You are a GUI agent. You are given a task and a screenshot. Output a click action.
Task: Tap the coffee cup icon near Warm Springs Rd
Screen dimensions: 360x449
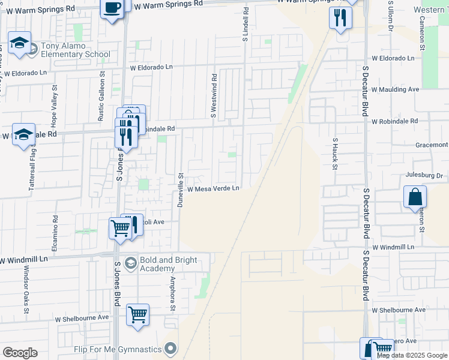coord(112,8)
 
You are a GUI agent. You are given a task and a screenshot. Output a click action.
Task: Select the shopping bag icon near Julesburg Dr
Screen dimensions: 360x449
coord(415,196)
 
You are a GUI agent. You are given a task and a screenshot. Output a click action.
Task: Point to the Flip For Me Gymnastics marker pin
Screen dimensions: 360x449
coord(171,349)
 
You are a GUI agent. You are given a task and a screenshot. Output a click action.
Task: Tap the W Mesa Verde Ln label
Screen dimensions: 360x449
coord(213,188)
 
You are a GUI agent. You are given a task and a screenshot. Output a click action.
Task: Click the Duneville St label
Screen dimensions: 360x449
coord(179,190)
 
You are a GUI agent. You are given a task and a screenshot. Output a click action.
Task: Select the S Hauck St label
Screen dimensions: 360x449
coord(335,152)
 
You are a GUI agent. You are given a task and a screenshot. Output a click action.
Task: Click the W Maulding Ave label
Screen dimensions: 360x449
coord(395,89)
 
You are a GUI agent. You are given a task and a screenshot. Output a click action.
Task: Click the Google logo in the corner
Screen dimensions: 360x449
coord(20,353)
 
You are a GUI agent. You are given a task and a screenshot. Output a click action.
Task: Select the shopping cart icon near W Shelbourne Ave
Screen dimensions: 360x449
coord(138,314)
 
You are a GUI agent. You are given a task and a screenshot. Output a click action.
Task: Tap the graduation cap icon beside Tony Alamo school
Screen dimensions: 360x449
coord(19,43)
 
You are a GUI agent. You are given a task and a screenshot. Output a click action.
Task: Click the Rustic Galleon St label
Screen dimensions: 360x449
coord(101,98)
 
